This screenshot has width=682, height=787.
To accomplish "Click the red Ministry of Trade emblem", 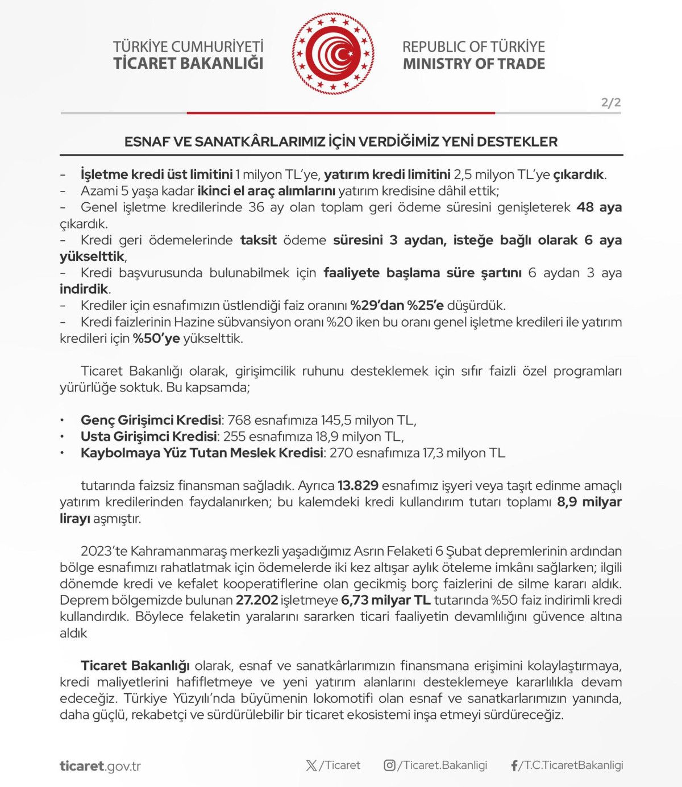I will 334,54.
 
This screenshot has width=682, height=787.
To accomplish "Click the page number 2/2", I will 611,103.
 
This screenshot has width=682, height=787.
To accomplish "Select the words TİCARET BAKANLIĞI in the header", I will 188,63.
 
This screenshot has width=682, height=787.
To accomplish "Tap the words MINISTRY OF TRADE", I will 474,64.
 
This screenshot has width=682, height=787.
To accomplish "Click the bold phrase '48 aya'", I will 599,207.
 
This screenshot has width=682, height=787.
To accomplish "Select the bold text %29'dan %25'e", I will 397,306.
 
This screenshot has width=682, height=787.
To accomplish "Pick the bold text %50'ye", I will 156,339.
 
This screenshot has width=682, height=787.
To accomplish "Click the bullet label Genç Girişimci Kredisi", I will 151,420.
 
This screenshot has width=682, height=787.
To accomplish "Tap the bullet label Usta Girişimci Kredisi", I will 149,437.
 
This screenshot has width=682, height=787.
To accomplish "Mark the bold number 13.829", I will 358,486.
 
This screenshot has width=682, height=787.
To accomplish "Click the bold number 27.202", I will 257,601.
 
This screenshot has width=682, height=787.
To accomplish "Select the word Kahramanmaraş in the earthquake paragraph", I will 178,551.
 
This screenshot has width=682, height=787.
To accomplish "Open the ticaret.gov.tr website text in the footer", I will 100,766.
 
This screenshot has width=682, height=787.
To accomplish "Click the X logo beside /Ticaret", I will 311,765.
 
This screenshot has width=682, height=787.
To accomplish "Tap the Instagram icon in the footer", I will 389,765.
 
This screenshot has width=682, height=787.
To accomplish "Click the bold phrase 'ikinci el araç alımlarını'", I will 267,191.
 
